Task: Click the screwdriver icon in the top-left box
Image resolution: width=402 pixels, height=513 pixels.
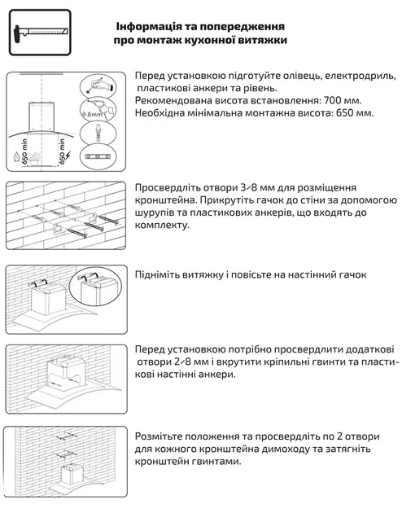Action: [36, 33]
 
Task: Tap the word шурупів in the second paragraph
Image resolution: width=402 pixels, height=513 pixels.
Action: [156, 212]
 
